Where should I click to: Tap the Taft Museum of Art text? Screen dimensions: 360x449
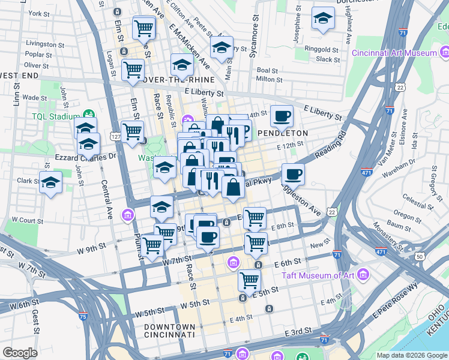[x=317, y=275]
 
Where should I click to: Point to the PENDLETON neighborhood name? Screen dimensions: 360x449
[x=283, y=133]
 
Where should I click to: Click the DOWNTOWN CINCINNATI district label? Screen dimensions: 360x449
[x=170, y=329]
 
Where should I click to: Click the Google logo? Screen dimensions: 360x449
[x=20, y=353]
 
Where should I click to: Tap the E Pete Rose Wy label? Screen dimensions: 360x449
[x=396, y=306]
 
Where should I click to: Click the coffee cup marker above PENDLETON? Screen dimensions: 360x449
[x=281, y=115]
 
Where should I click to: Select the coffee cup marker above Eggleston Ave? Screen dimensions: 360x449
[x=293, y=174]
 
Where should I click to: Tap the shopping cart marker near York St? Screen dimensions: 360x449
[x=144, y=27]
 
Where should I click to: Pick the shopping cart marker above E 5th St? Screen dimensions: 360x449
[x=249, y=279]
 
